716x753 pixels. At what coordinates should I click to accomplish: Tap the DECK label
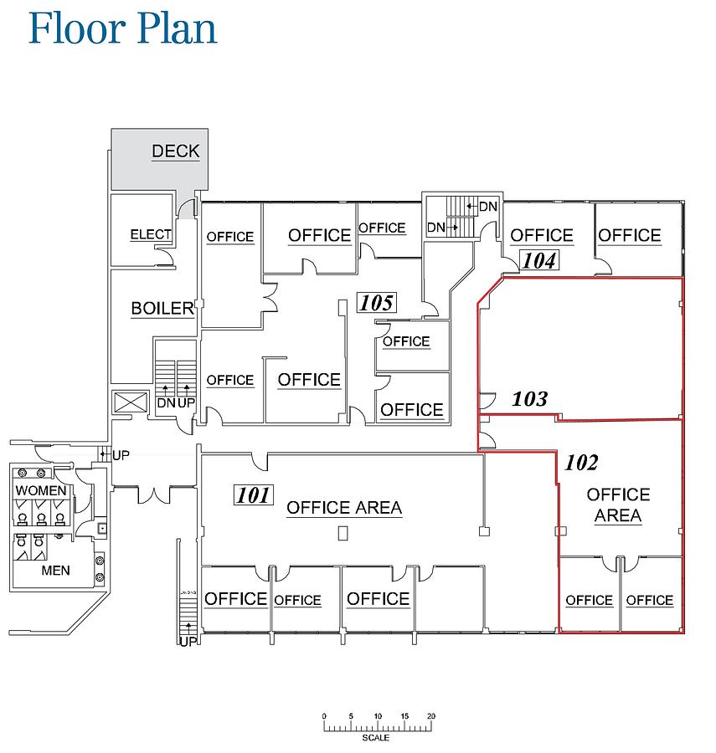[175, 151]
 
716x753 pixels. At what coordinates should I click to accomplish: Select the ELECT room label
[151, 235]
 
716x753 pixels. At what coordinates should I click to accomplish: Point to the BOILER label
[162, 309]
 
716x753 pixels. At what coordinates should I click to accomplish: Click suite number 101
[252, 495]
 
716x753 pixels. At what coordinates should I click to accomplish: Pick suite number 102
[582, 463]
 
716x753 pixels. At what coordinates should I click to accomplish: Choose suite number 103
[529, 399]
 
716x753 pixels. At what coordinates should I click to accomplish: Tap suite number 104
[539, 260]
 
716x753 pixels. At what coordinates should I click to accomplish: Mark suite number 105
[376, 302]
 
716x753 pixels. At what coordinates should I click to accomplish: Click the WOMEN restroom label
[41, 489]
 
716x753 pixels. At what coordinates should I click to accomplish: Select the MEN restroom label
[56, 571]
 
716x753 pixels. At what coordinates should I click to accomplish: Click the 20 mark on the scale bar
[430, 717]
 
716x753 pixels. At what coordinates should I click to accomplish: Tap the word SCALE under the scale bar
[376, 738]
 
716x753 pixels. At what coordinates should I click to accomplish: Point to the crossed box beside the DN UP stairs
[131, 402]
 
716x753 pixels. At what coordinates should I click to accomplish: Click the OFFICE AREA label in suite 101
[344, 508]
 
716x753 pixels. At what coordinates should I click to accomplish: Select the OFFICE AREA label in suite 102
[618, 505]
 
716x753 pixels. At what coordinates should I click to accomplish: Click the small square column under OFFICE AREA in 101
[343, 533]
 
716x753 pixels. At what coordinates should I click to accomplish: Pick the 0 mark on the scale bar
[324, 717]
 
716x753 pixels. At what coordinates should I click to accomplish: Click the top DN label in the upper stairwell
[488, 207]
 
